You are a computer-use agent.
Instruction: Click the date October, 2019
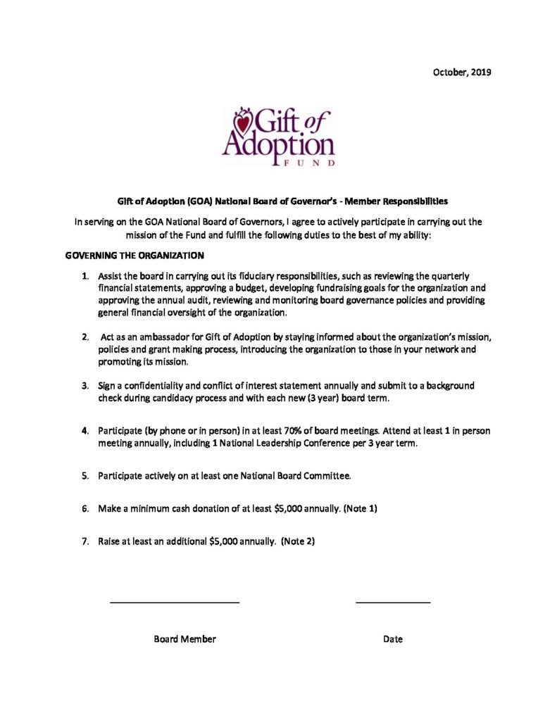click(462, 73)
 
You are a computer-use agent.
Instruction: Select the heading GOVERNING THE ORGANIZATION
click(134, 255)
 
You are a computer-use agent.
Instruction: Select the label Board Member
click(184, 639)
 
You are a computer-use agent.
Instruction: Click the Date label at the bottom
click(393, 639)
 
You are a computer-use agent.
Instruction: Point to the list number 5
click(85, 476)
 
